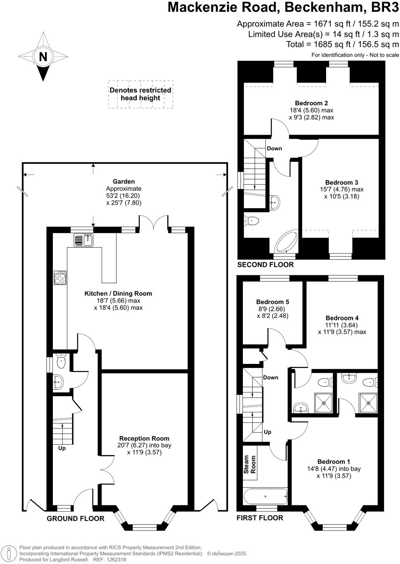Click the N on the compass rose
pyautogui.click(x=43, y=57)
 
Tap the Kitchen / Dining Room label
pyautogui.click(x=118, y=294)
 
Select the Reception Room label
pyautogui.click(x=144, y=439)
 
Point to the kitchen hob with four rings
pyautogui.click(x=60, y=278)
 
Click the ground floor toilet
pyautogui.click(x=61, y=362)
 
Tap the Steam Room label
pyautogui.click(x=250, y=465)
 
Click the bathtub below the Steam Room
pyautogui.click(x=265, y=496)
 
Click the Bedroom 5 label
pyautogui.click(x=272, y=302)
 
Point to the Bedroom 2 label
pyautogui.click(x=311, y=103)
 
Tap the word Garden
pyautogui.click(x=123, y=182)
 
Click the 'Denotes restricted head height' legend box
pyautogui.click(x=140, y=94)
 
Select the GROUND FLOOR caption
pyautogui.click(x=75, y=519)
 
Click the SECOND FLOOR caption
pyautogui.click(x=265, y=265)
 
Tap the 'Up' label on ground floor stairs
pyautogui.click(x=62, y=448)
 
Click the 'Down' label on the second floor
pyautogui.click(x=274, y=148)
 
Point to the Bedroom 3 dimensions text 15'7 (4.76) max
pyautogui.click(x=342, y=189)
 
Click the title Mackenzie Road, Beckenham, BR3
pyautogui.click(x=283, y=7)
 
